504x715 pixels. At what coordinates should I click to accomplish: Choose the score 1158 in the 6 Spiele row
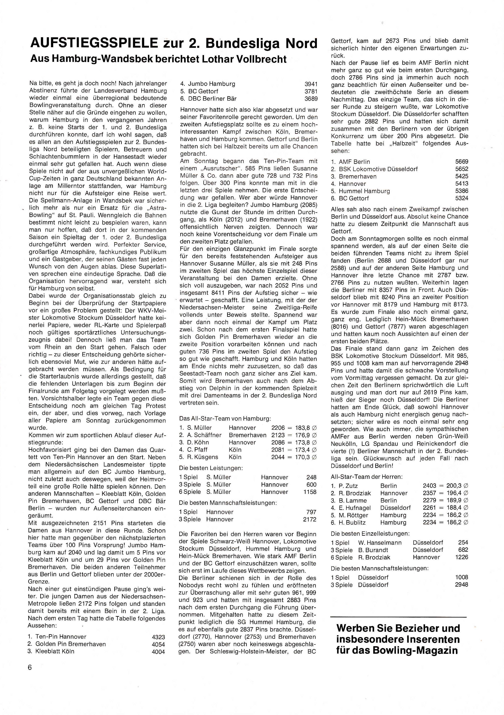310,492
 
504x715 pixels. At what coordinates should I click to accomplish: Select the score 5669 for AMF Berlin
461,162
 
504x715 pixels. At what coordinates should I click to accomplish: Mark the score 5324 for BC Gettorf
461,198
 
